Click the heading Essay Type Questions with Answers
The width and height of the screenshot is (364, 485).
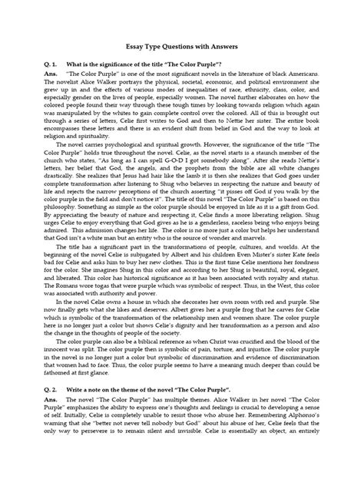(181, 47)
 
